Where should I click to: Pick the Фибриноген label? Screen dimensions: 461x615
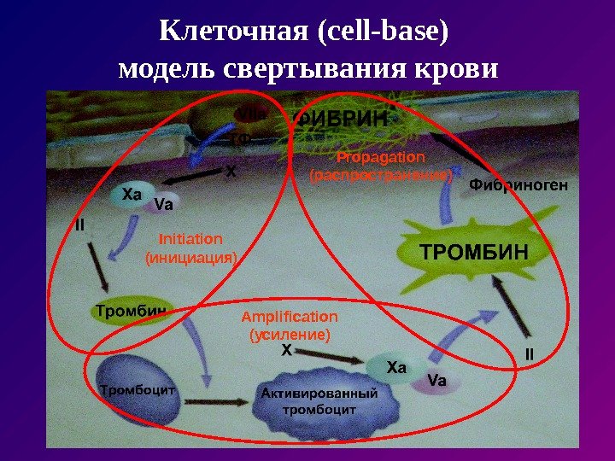click(x=518, y=185)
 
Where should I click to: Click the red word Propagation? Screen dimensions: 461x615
click(x=380, y=158)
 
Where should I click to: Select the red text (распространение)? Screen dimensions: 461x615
click(x=380, y=176)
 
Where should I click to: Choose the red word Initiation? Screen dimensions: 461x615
click(x=190, y=239)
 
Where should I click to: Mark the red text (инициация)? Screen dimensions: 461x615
click(x=190, y=256)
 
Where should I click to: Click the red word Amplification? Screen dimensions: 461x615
click(x=290, y=318)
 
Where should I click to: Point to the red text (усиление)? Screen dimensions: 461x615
click(x=290, y=335)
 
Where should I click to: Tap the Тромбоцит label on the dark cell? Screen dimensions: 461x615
click(x=138, y=390)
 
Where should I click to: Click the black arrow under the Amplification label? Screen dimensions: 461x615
click(x=330, y=358)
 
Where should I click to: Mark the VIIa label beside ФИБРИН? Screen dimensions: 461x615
click(x=250, y=114)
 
